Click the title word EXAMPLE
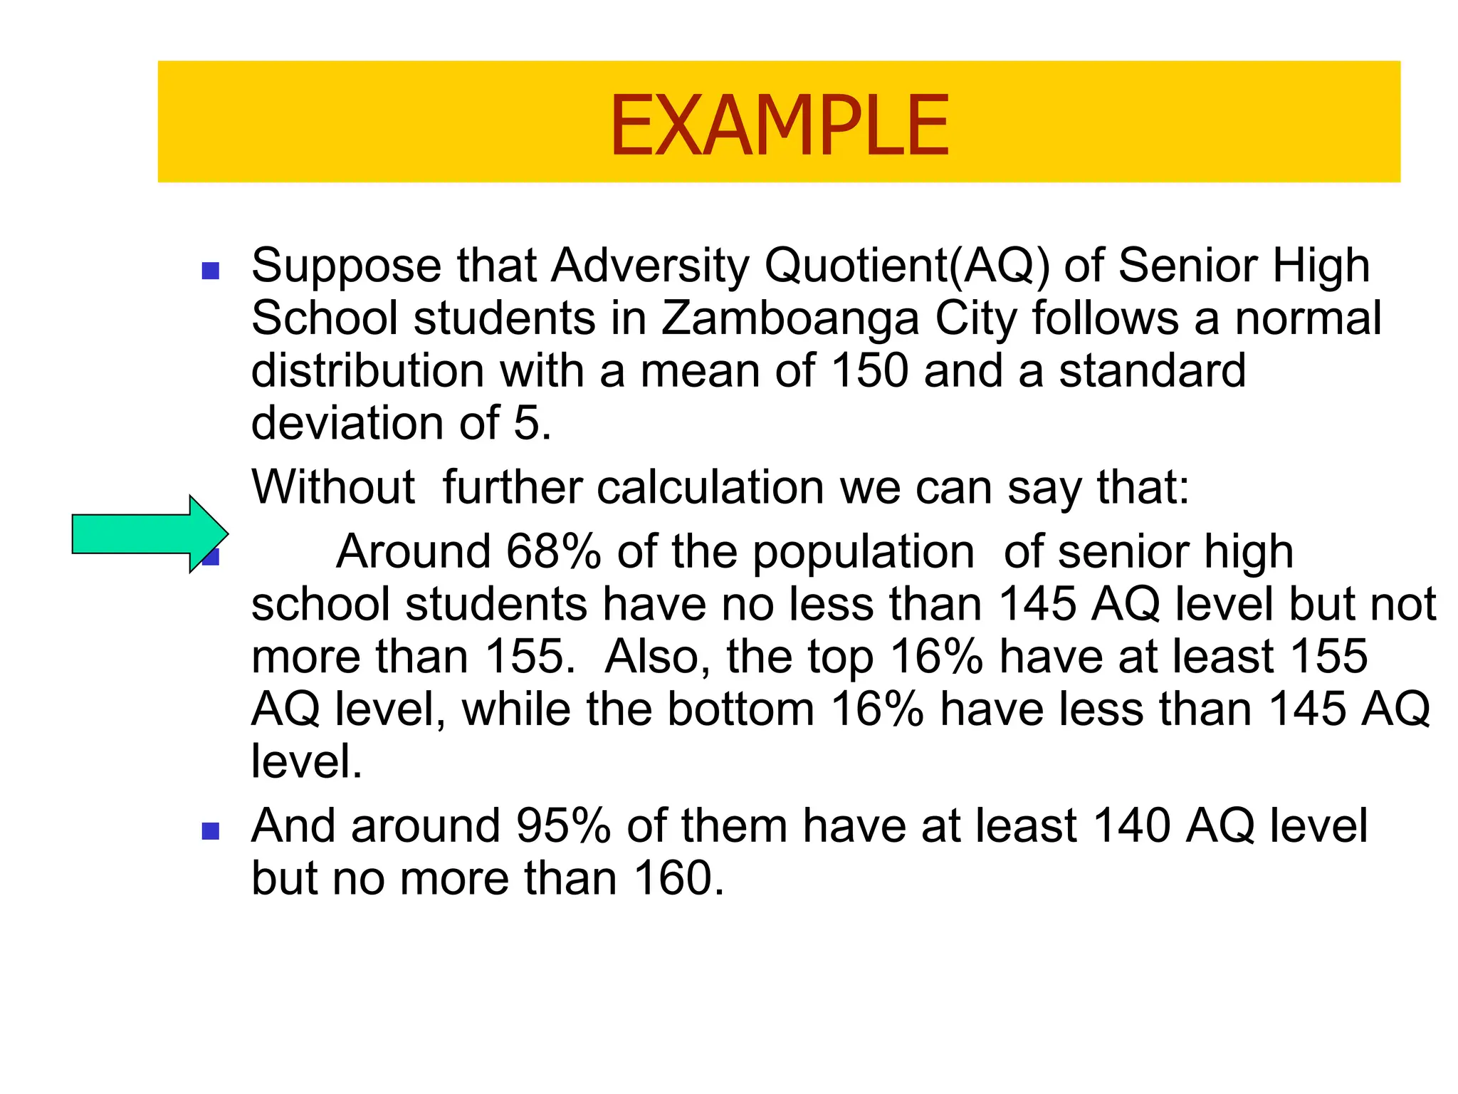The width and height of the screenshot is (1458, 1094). pyautogui.click(x=779, y=126)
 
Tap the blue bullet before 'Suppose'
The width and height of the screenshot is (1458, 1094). pyautogui.click(x=210, y=271)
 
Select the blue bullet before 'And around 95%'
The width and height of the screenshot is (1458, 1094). pyautogui.click(x=210, y=831)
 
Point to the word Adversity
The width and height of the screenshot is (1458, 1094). pyautogui.click(x=651, y=266)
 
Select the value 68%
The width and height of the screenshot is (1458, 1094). pyautogui.click(x=553, y=552)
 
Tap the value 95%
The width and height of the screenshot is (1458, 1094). pyautogui.click(x=563, y=826)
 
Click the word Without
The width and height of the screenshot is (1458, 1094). pyautogui.click(x=333, y=488)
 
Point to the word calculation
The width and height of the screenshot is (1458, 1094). pyautogui.click(x=711, y=488)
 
